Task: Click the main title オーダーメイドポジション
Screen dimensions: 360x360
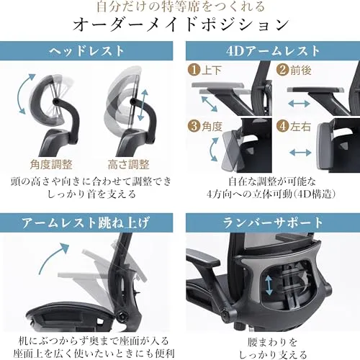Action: click(181, 25)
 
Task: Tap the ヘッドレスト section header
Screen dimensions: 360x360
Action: click(86, 51)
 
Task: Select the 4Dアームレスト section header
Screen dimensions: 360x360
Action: click(273, 51)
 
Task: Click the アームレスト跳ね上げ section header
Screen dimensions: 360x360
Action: click(86, 222)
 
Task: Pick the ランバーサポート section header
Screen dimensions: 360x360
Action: click(273, 222)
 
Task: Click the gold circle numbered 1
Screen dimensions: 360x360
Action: click(194, 70)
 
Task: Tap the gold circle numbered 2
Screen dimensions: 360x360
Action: click(282, 70)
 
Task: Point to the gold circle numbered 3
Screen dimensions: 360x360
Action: click(194, 126)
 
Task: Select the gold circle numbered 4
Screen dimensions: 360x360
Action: click(282, 126)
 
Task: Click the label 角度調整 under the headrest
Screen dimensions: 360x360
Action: click(51, 165)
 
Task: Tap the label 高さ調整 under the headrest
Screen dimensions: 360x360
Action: click(128, 165)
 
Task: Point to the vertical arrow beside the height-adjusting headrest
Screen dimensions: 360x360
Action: click(143, 105)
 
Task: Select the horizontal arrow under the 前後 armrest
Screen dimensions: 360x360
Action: click(299, 104)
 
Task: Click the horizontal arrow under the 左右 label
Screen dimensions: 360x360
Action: click(300, 152)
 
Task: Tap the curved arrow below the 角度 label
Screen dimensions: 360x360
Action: click(211, 150)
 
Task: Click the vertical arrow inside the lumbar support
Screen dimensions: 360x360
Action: click(269, 285)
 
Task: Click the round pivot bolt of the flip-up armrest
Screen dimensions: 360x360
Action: click(122, 315)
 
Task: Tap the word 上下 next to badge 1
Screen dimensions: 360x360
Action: click(211, 70)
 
